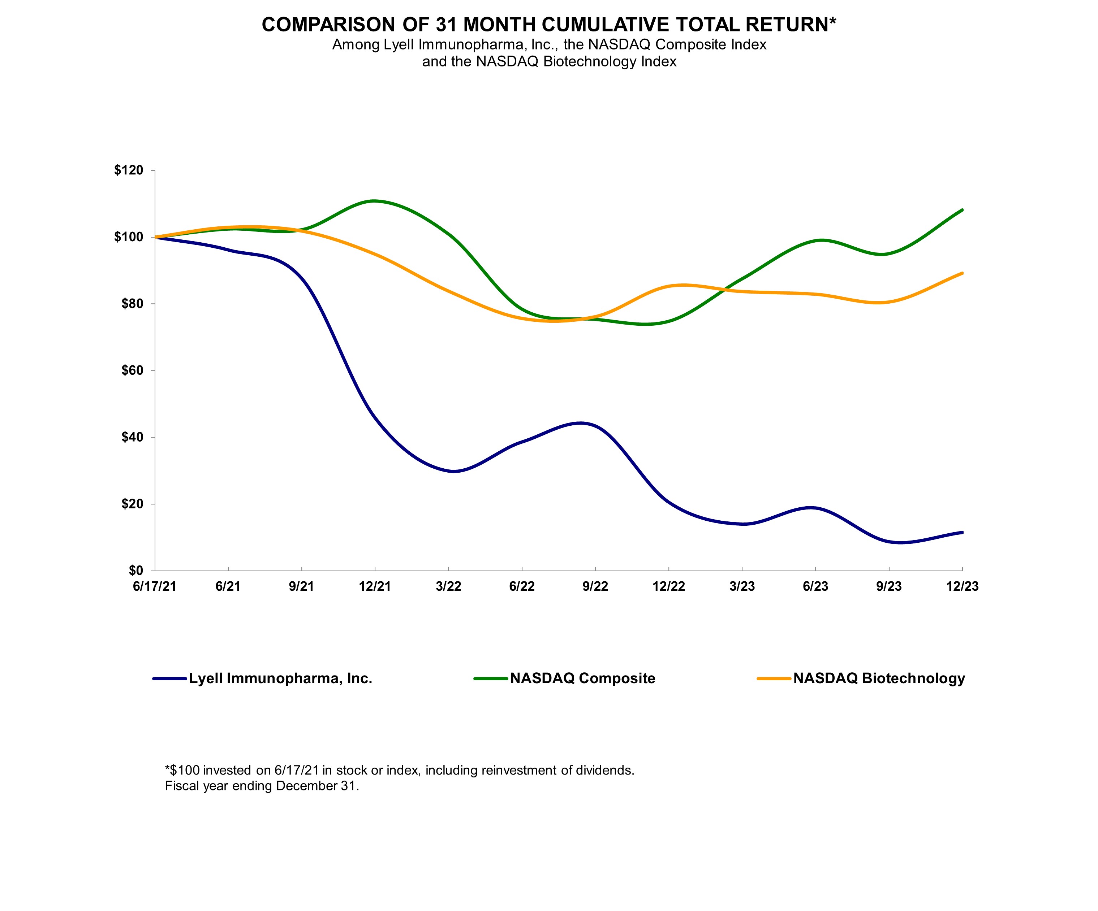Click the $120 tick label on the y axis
coord(128,170)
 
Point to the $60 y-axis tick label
coord(132,370)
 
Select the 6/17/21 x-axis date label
coord(155,586)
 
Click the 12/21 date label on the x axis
coord(375,586)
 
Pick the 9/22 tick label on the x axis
coord(595,586)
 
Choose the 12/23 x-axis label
coord(962,586)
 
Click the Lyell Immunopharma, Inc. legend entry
coord(280,678)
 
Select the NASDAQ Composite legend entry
coord(582,678)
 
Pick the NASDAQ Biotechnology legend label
coord(879,678)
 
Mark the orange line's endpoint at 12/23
coord(962,273)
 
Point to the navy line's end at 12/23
coord(962,532)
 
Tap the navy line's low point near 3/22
coord(453,472)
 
